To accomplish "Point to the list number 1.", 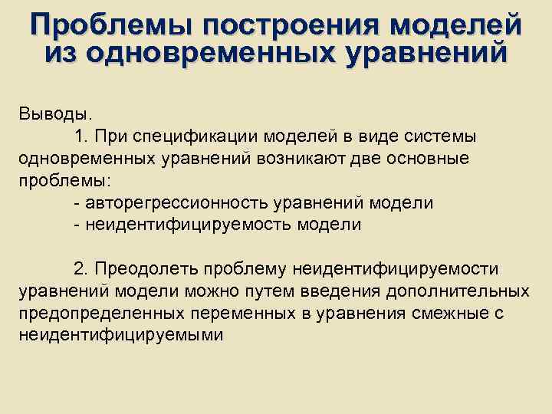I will pos(82,136).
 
